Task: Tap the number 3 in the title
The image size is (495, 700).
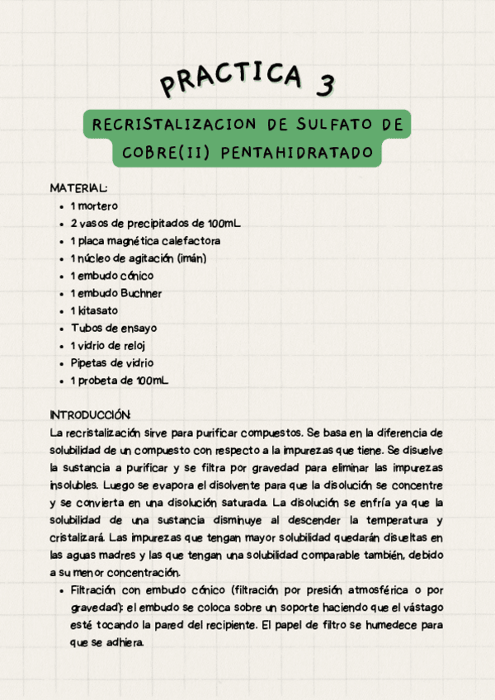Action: tap(325, 83)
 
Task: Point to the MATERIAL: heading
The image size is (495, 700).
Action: tap(78, 188)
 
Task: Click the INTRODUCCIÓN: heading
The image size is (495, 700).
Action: tap(91, 414)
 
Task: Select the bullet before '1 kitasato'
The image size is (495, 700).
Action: tap(63, 311)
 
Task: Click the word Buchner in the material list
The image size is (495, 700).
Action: tap(139, 293)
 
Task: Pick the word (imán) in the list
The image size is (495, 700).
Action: tap(191, 258)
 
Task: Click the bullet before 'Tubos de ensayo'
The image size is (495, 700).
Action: tap(63, 329)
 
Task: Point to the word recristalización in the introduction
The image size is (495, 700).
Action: tap(96, 433)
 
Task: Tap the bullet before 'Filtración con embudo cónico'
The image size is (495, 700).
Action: tap(63, 591)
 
